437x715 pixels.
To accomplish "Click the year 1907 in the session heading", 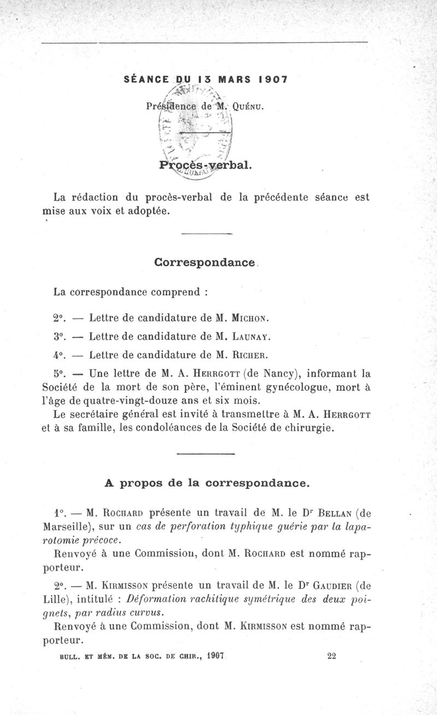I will coord(272,79).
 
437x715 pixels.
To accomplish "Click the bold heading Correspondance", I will coord(205,262).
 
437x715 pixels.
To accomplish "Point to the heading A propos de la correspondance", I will coord(207,483).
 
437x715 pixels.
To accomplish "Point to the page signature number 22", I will coord(332,657).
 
